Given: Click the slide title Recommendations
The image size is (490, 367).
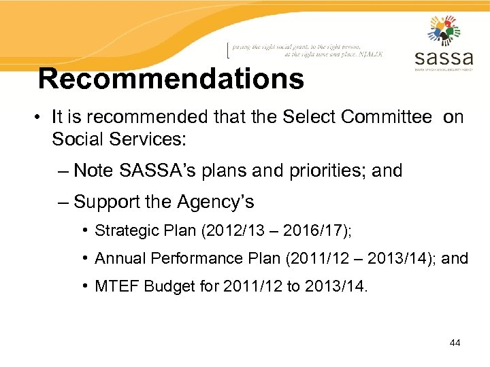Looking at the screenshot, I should pyautogui.click(x=171, y=79).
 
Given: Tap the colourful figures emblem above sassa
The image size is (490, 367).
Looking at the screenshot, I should pyautogui.click(x=444, y=30).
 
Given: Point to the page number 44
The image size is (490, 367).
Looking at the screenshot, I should pyautogui.click(x=455, y=343).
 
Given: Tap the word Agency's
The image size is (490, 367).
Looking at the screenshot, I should pyautogui.click(x=215, y=202).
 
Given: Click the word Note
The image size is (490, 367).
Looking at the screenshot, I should pyautogui.click(x=91, y=171).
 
